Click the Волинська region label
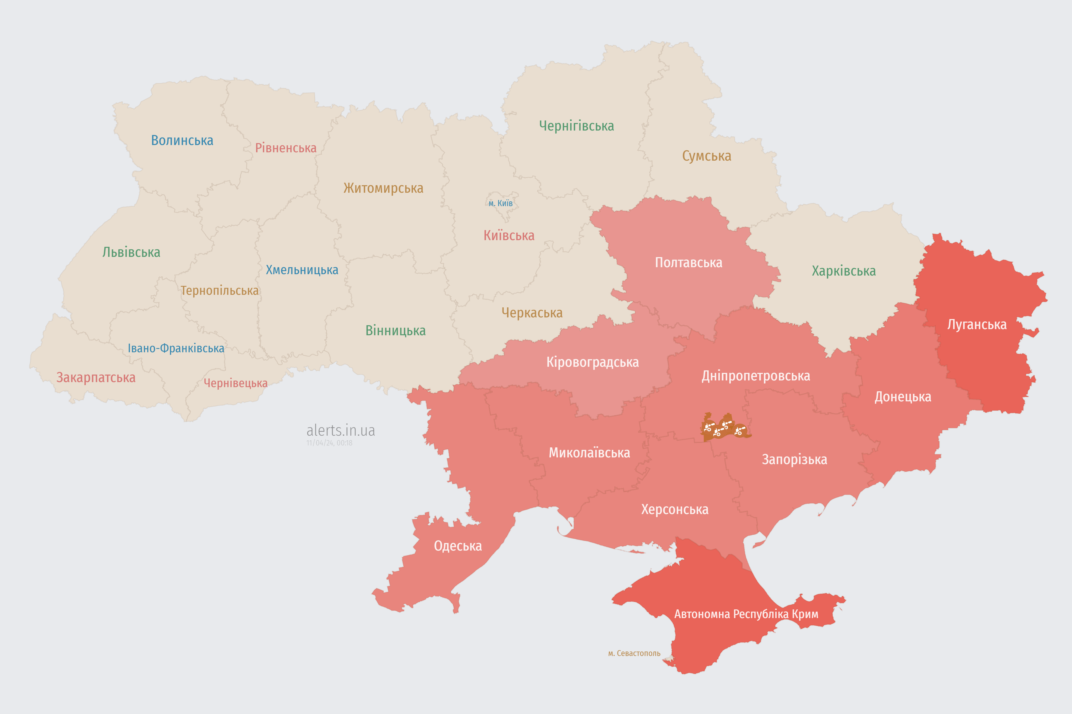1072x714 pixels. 182,140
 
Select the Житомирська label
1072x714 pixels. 383,188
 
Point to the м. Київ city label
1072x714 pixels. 501,203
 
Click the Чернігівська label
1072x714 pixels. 576,126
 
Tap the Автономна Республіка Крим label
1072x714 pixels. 746,614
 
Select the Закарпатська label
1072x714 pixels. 96,377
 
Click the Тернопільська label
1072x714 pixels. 219,291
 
